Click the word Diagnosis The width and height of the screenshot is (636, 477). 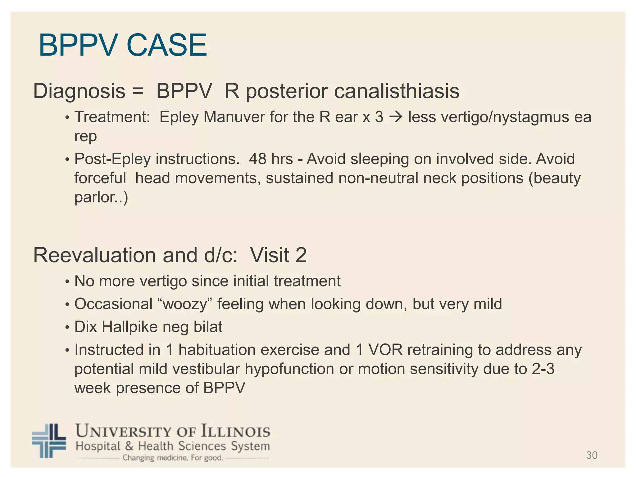click(79, 92)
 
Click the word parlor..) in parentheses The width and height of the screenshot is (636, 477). click(101, 198)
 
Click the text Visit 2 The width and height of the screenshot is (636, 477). click(278, 255)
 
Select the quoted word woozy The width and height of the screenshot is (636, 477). click(185, 304)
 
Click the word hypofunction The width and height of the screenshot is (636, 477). click(289, 369)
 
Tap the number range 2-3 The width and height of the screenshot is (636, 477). click(543, 369)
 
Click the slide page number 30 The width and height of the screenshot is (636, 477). click(591, 455)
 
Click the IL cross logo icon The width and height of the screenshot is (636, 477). click(49, 441)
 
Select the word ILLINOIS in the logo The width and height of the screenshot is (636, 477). click(236, 432)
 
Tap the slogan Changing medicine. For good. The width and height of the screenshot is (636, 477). click(173, 458)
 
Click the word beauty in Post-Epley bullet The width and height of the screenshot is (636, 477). click(557, 179)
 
